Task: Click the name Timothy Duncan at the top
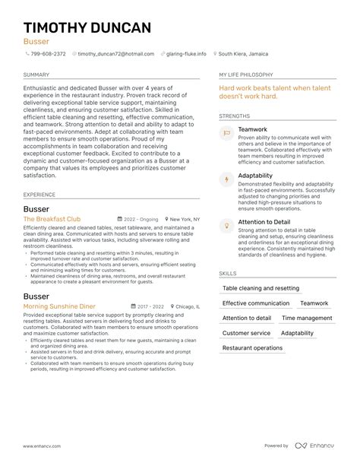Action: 87,28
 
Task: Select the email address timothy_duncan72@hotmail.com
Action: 116,54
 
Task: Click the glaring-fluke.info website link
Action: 187,54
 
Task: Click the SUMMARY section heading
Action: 36,75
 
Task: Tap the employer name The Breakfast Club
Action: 52,219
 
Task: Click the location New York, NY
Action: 185,219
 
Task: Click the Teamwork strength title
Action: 252,130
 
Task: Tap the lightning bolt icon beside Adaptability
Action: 226,179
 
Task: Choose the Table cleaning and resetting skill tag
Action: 261,289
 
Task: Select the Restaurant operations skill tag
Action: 252,348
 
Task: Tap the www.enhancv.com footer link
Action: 43,446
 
